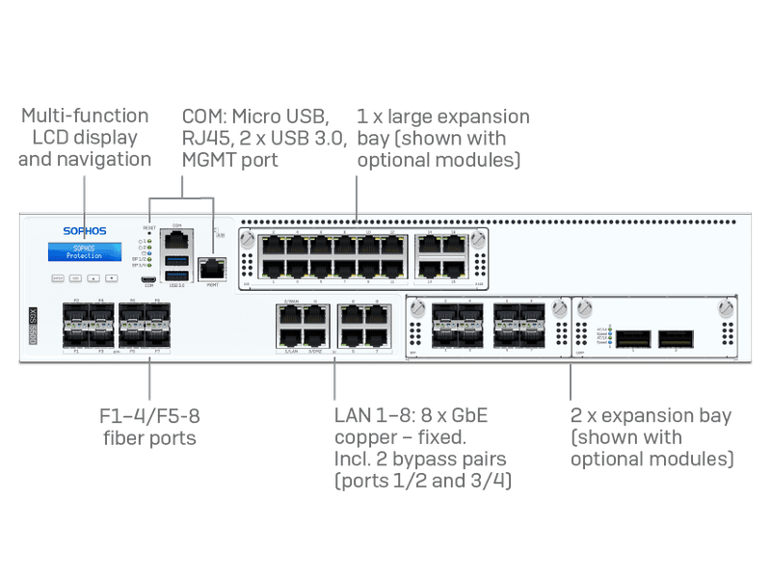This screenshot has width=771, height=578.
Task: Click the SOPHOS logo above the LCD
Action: pos(84,232)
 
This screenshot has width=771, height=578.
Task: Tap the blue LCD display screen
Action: pos(84,252)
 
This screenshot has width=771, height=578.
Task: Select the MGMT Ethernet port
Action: pos(211,269)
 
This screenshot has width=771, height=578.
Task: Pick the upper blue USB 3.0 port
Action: pos(177,260)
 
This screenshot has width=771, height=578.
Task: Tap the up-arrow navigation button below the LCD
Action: pos(94,277)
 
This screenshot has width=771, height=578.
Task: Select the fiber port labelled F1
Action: pos(74,338)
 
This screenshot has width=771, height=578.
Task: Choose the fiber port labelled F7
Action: pos(158,338)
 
